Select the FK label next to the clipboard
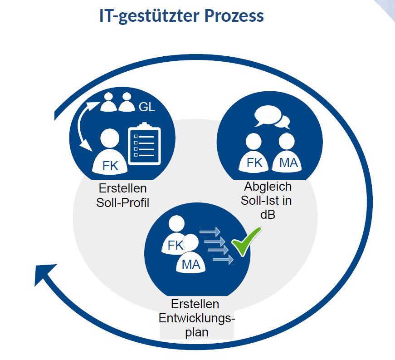coord(110,166)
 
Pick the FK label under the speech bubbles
coord(254,163)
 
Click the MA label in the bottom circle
coord(191,264)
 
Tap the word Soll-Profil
coord(123,202)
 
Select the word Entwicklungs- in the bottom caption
coord(197,318)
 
